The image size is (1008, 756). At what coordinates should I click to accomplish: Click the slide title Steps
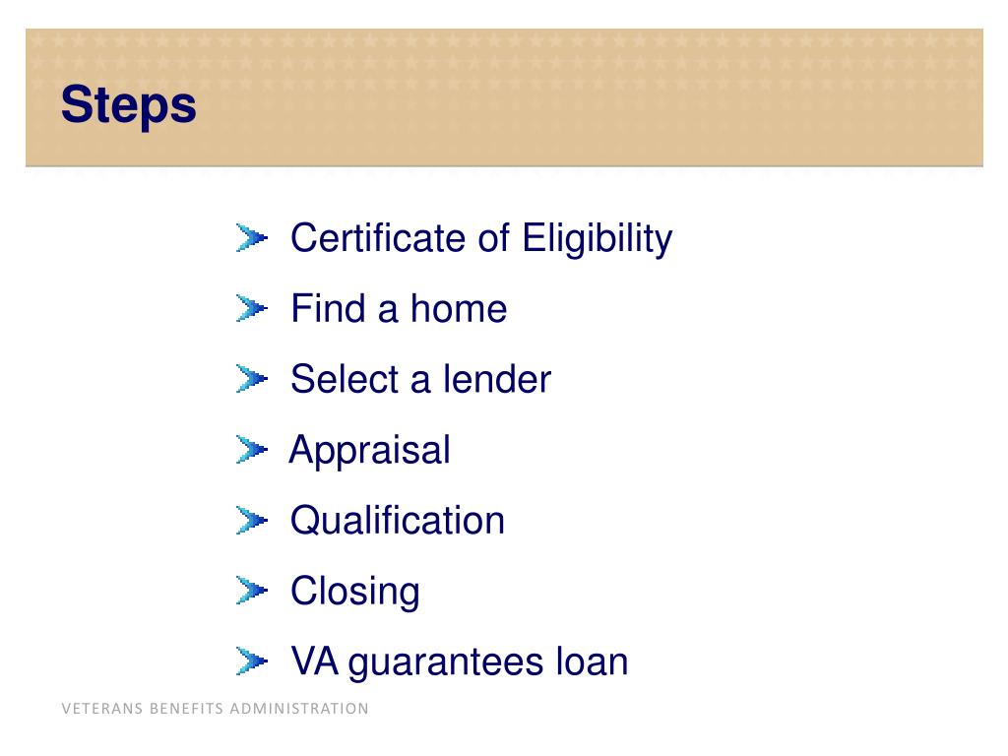click(128, 106)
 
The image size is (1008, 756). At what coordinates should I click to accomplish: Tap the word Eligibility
click(597, 238)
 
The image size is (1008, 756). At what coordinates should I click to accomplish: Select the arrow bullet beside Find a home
click(251, 309)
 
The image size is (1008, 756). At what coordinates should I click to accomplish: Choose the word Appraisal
click(370, 451)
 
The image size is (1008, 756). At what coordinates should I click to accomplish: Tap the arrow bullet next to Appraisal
click(251, 451)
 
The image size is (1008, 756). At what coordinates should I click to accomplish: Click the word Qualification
click(397, 521)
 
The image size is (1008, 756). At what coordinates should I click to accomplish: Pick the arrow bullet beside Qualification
click(251, 521)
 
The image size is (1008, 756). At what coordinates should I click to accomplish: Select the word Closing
click(354, 592)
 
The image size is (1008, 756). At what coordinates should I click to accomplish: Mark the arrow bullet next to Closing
click(251, 592)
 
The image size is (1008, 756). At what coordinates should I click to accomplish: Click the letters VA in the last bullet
click(314, 661)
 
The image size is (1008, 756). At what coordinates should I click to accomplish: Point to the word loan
click(591, 661)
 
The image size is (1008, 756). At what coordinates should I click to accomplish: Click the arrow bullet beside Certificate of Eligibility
click(251, 238)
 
